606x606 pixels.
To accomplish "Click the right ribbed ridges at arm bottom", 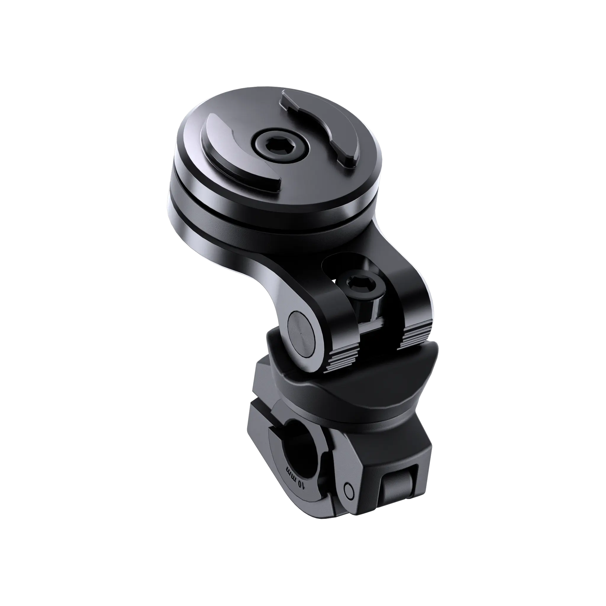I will tap(416, 337).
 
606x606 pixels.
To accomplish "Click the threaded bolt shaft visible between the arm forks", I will tap(375, 310).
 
